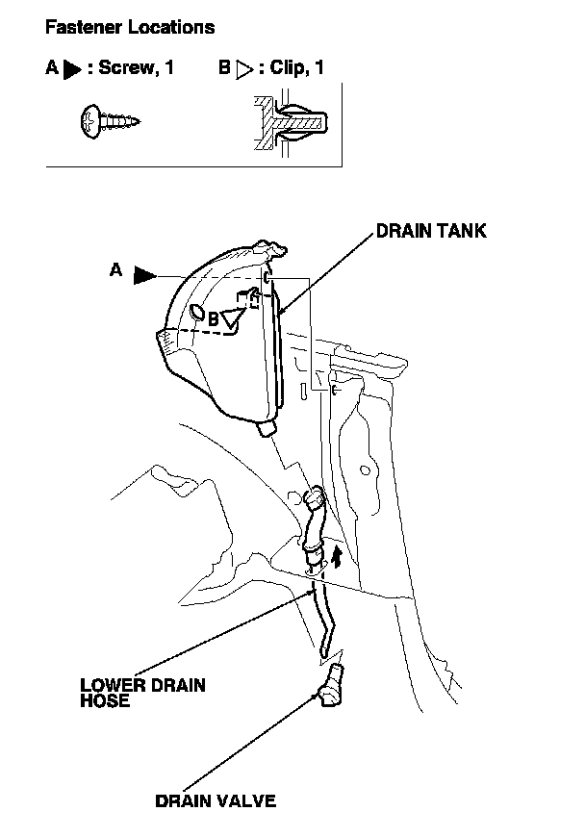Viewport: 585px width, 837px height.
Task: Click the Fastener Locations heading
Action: click(x=130, y=27)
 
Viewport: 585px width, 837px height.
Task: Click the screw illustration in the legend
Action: click(x=108, y=121)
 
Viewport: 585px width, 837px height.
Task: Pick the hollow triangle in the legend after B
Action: click(x=243, y=70)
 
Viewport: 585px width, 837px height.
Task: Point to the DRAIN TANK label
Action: click(x=430, y=231)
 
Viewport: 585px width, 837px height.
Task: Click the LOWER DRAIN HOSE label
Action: click(x=142, y=693)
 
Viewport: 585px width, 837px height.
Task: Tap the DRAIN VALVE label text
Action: click(x=216, y=800)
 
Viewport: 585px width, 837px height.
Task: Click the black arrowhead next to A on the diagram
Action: click(x=144, y=275)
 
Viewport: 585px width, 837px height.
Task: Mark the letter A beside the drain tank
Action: click(x=115, y=271)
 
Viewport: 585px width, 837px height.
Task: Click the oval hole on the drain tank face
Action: click(x=196, y=313)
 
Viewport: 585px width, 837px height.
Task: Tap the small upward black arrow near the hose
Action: click(x=337, y=556)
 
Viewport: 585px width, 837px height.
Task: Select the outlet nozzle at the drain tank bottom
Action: click(x=268, y=427)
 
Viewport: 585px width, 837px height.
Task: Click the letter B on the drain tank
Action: click(x=214, y=317)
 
